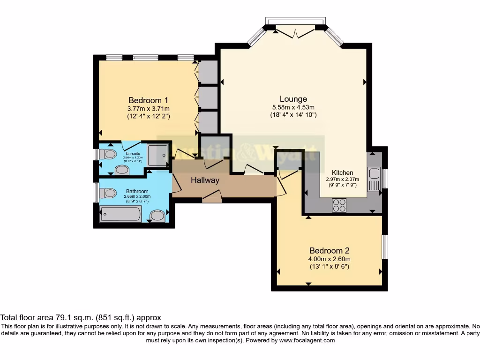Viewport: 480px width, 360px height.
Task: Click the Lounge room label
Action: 293,99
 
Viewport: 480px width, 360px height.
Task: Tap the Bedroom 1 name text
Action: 148,100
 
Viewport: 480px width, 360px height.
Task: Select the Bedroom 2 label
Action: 329,251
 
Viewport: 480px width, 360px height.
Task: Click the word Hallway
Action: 205,180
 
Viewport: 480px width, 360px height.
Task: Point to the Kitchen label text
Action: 342,172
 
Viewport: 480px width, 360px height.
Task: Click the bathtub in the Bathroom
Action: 120,214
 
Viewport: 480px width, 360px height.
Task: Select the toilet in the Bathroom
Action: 109,192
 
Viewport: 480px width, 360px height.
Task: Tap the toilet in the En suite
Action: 109,154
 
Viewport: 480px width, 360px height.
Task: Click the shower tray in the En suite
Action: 158,155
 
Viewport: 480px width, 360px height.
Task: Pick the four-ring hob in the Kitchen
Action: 339,205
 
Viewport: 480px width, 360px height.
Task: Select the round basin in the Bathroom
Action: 157,215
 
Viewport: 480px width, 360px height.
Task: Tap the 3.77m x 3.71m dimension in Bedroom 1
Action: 148,108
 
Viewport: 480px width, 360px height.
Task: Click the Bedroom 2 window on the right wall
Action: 384,247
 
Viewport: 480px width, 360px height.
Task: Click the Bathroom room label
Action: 137,191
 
